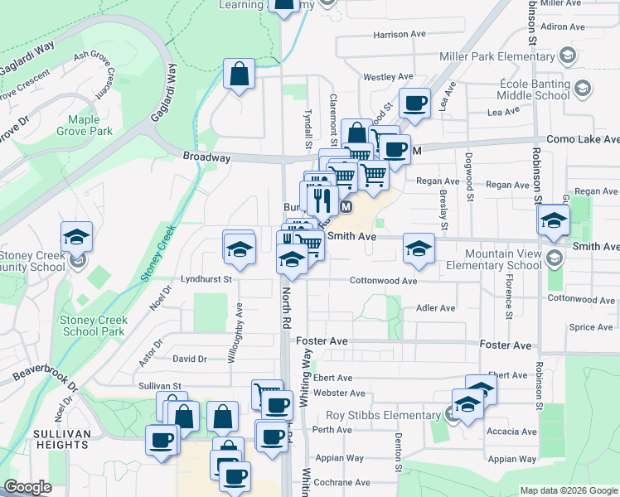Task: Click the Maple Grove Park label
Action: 85,125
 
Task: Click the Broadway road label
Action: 206,157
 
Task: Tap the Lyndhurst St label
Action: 206,280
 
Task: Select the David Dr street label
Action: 189,359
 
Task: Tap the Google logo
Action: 27,488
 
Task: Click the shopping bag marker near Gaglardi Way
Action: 239,75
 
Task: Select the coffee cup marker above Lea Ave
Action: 414,104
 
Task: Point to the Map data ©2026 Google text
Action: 568,490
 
